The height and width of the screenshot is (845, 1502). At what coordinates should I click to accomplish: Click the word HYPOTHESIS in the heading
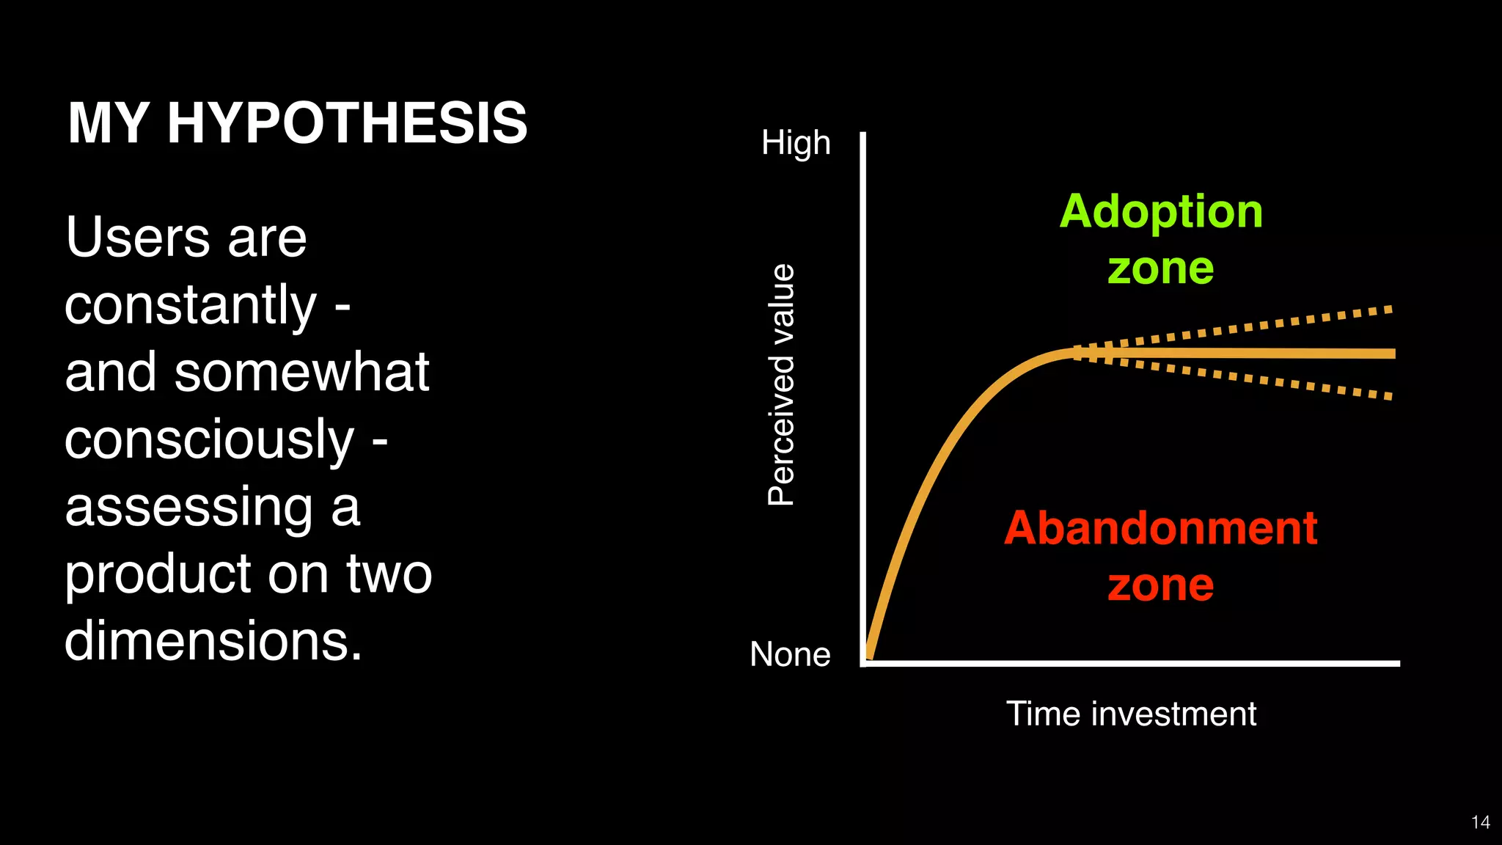pyautogui.click(x=347, y=122)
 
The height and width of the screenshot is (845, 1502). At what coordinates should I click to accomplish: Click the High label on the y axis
pyautogui.click(x=796, y=143)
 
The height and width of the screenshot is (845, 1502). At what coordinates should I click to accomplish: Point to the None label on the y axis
pyautogui.click(x=790, y=654)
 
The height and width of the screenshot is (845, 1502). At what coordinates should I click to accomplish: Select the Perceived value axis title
pyautogui.click(x=782, y=385)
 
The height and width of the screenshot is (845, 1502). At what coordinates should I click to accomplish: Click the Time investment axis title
pyautogui.click(x=1131, y=714)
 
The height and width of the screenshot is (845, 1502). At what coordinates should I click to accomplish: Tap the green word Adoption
pyautogui.click(x=1161, y=211)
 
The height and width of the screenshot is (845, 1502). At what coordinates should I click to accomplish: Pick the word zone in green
pyautogui.click(x=1161, y=268)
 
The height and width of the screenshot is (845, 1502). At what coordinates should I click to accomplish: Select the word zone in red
pyautogui.click(x=1161, y=585)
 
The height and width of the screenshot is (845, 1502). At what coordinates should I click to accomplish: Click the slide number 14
pyautogui.click(x=1480, y=822)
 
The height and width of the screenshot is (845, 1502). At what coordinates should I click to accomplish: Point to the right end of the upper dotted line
pyautogui.click(x=1388, y=310)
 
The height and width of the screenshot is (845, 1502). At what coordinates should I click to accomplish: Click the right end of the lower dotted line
pyautogui.click(x=1388, y=397)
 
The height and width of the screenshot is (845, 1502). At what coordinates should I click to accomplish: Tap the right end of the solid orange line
pyautogui.click(x=1391, y=354)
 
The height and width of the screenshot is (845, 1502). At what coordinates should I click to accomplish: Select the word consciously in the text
pyautogui.click(x=209, y=440)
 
